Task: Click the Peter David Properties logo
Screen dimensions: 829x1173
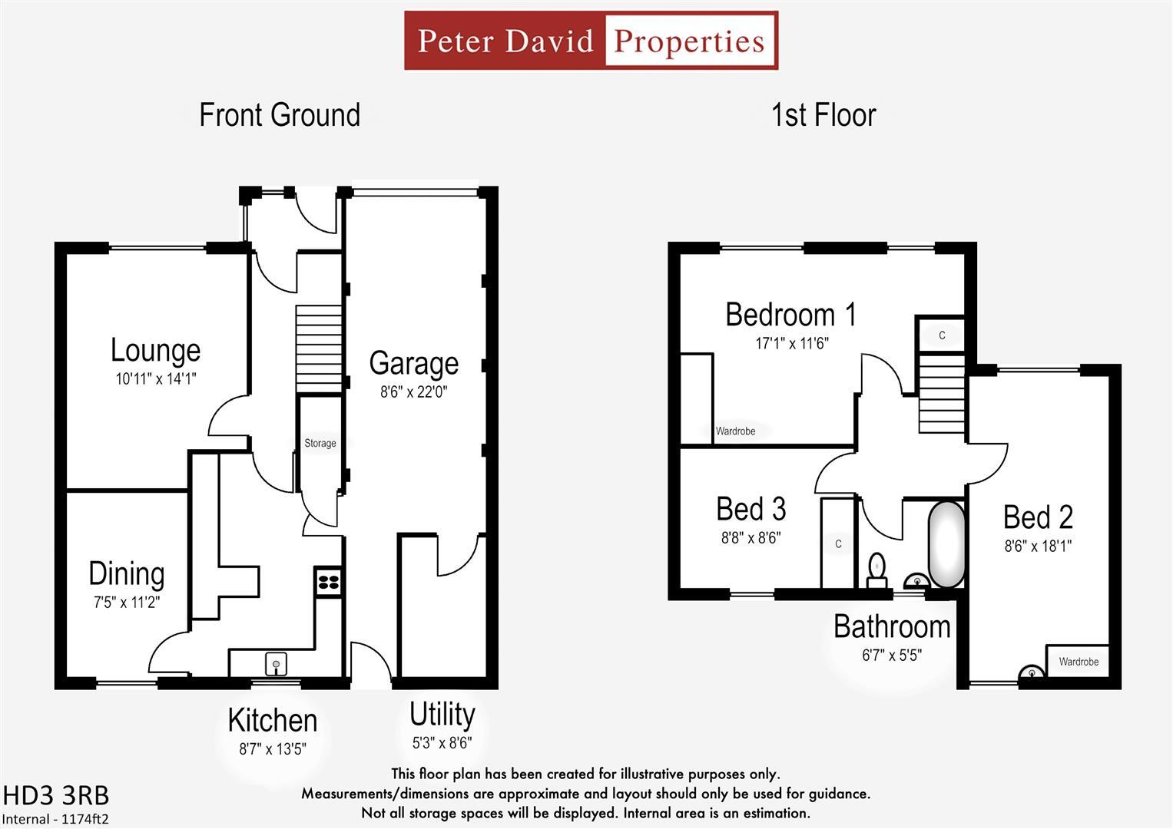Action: coord(591,41)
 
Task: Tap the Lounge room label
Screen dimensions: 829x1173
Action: coord(155,350)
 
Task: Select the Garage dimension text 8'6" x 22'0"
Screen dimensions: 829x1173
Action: coord(413,392)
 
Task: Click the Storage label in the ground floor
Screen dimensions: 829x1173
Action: coord(320,443)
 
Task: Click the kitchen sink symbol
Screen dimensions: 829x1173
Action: coord(276,663)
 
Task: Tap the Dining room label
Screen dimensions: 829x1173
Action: coord(126,573)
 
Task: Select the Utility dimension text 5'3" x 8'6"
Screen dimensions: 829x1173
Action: coord(442,742)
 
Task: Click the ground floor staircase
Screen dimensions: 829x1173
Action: coord(319,348)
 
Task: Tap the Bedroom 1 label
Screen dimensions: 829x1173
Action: coord(790,315)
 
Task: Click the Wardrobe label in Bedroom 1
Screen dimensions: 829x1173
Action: coord(735,431)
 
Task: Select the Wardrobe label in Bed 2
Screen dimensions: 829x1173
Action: coord(1078,662)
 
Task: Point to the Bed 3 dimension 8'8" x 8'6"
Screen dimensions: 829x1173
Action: coord(751,538)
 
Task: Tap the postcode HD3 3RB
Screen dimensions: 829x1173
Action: coord(56,794)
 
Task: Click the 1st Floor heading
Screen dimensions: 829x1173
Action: coord(823,115)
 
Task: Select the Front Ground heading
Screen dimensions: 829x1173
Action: coord(280,115)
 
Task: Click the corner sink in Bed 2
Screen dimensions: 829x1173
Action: coord(1031,672)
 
